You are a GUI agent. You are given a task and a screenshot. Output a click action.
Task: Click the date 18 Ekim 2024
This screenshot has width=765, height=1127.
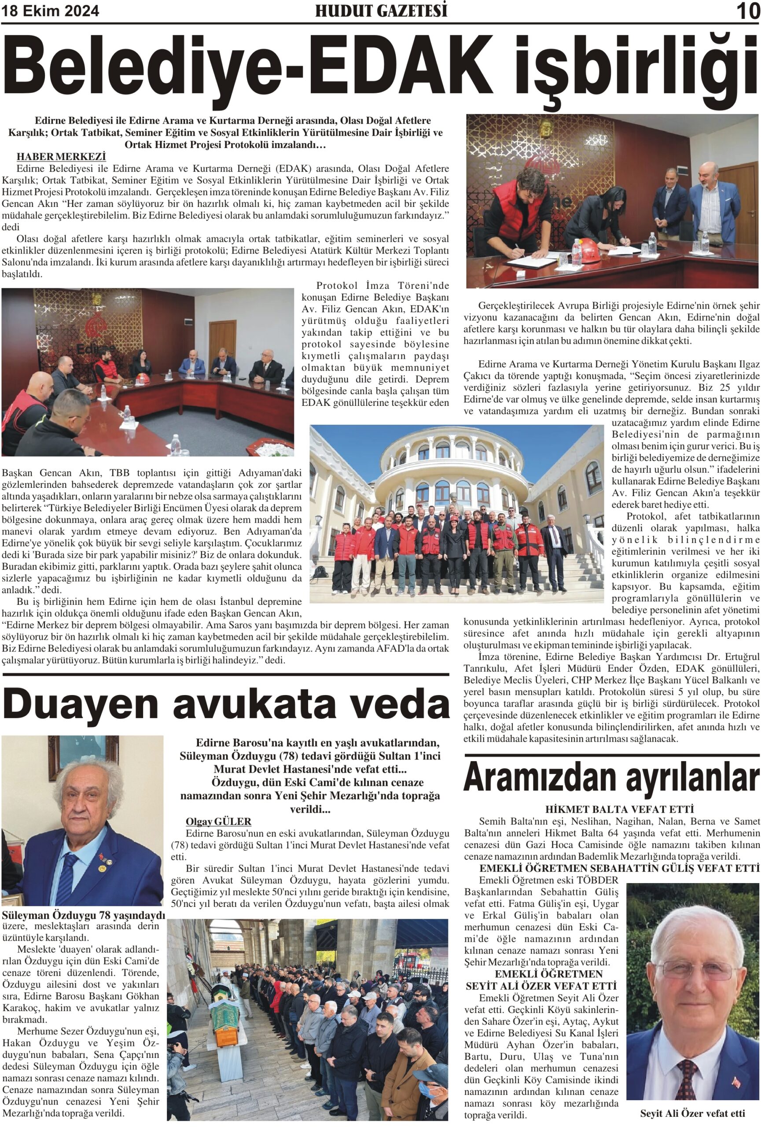51,11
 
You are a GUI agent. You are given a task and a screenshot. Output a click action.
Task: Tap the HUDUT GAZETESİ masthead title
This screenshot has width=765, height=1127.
381,11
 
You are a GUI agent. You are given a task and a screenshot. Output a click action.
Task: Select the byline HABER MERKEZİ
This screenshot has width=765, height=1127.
61,157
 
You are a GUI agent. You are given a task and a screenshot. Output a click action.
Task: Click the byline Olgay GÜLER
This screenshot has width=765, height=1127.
218,821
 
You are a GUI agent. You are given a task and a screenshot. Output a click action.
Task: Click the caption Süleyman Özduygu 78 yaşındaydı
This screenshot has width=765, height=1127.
83,915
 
